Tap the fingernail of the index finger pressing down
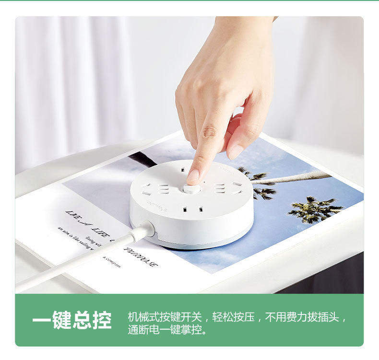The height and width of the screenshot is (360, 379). (x=193, y=176)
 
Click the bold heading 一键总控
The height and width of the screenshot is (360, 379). (x=72, y=321)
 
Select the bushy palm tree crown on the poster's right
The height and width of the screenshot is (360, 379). (x=314, y=209)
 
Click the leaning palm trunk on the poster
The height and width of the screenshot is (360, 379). (x=297, y=178)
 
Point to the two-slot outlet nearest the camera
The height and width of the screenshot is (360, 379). (x=189, y=209)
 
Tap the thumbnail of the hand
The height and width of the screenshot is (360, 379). (x=236, y=151)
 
